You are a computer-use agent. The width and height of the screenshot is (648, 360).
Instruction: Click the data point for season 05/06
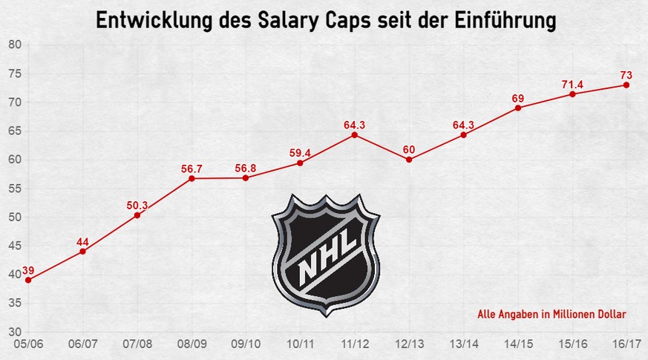pos(28,280)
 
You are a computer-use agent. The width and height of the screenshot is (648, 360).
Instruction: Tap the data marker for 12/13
pos(409,160)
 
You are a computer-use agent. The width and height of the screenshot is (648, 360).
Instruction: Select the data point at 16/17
pos(626,85)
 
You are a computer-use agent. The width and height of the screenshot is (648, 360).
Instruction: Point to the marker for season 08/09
pos(192,178)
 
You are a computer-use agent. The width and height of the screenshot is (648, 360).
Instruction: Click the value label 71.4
pos(572,85)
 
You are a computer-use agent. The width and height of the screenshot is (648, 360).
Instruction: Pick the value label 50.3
pos(137,205)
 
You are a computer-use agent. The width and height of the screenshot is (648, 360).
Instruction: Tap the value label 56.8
pos(246,167)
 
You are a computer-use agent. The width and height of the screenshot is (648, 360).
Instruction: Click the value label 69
pos(518,98)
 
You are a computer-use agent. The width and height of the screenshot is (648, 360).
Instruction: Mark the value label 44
pos(82,241)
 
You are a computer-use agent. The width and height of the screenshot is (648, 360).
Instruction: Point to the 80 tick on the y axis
pos(14,45)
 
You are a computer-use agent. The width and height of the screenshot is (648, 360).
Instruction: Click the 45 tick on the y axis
pos(14,246)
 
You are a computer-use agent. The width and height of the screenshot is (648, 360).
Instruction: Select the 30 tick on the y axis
pos(14,332)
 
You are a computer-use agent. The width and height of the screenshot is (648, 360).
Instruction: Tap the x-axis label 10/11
pos(300,344)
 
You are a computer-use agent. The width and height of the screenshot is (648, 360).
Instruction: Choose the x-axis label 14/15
pos(518,344)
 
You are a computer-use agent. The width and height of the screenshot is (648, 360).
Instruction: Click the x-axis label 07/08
pos(137,344)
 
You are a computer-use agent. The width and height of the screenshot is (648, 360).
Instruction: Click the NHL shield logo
pos(327,253)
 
